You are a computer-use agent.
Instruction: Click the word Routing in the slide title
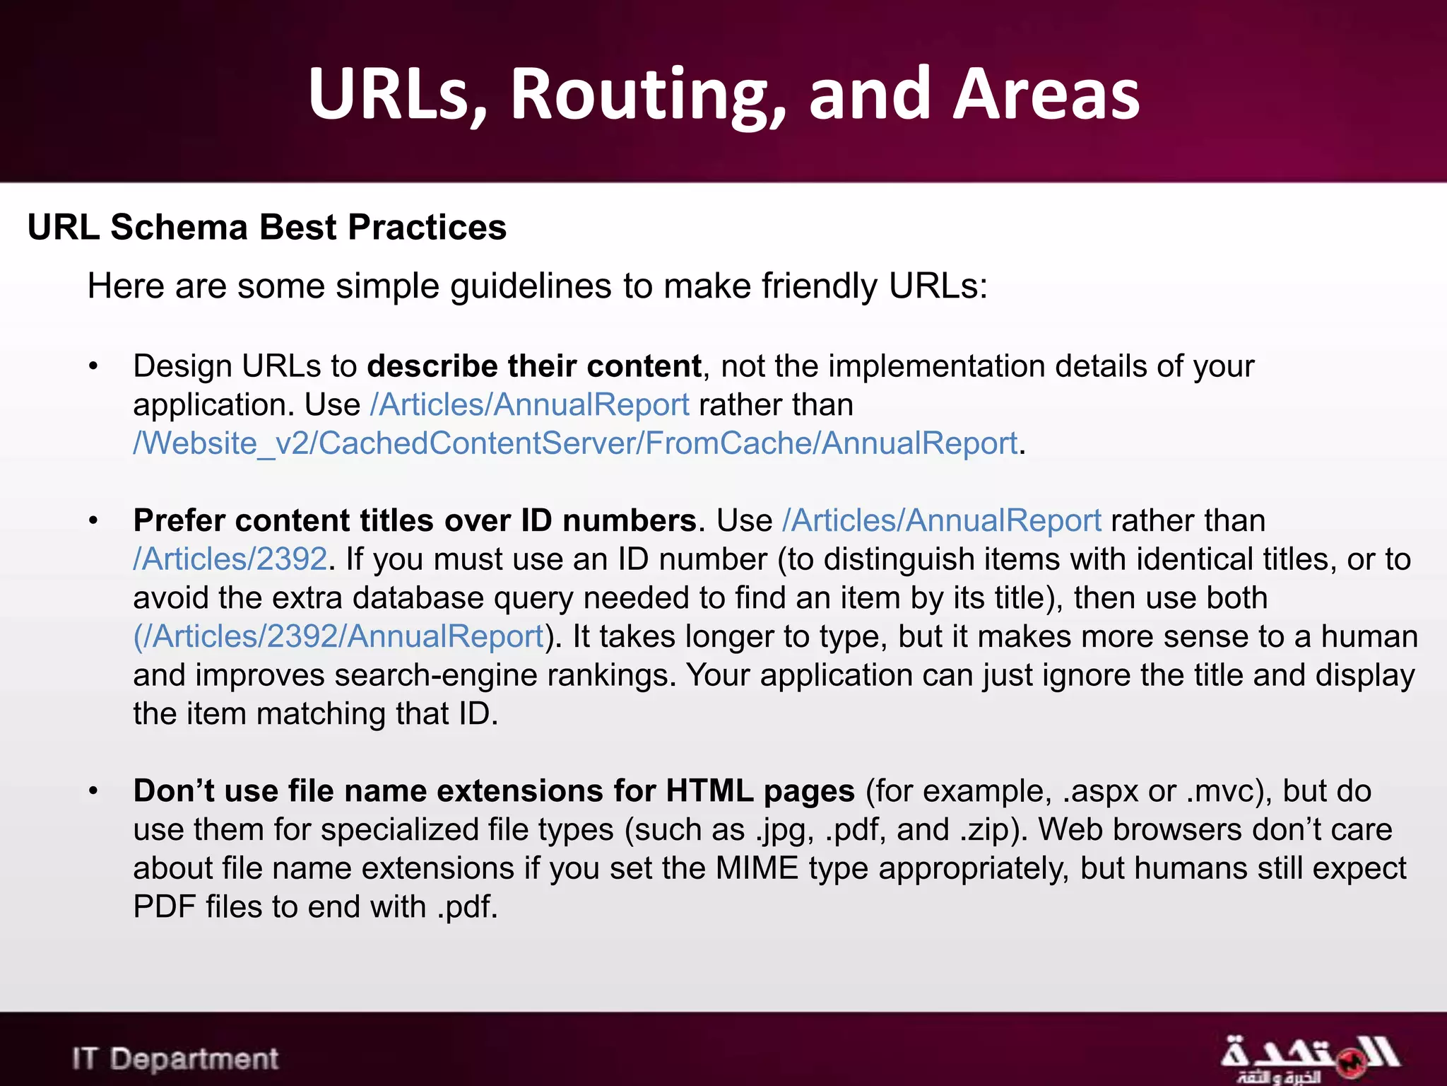tap(647, 94)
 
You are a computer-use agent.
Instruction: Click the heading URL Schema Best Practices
tap(267, 228)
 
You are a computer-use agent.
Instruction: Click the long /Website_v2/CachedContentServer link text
tap(575, 444)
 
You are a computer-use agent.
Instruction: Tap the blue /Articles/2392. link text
tap(230, 559)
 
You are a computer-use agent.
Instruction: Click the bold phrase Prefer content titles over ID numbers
tap(415, 521)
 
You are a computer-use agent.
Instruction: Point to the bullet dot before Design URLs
tap(93, 367)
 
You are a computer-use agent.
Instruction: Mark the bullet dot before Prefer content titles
tap(93, 521)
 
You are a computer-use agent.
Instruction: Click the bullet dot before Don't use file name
tap(93, 791)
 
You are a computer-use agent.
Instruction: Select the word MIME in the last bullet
tap(756, 868)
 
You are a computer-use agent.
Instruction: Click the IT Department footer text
tap(175, 1058)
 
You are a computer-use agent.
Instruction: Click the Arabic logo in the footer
tap(1309, 1058)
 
